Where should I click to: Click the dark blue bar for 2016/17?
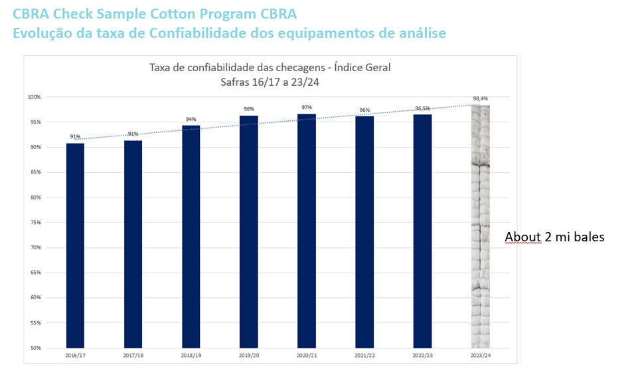click(x=75, y=245)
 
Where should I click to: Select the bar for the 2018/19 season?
click(x=191, y=237)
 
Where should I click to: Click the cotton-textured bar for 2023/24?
click(x=480, y=226)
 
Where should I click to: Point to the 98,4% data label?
click(x=480, y=99)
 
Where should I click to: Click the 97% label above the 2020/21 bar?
click(x=307, y=107)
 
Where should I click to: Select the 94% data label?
click(x=191, y=119)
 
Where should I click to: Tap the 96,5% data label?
click(x=422, y=108)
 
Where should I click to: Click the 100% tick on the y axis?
click(x=35, y=97)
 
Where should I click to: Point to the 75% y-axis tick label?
click(x=35, y=222)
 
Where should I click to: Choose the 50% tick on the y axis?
click(x=35, y=348)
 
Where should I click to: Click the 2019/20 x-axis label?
click(x=248, y=356)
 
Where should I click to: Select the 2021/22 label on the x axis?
click(x=364, y=356)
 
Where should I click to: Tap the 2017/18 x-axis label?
click(x=133, y=356)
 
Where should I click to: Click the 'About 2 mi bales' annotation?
click(x=554, y=237)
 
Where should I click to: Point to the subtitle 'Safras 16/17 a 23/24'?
click(x=270, y=82)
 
